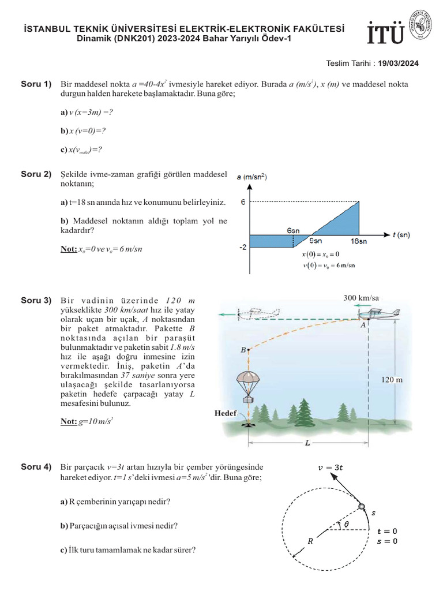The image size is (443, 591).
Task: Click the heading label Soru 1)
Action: click(x=36, y=85)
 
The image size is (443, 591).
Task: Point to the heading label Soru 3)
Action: click(x=36, y=300)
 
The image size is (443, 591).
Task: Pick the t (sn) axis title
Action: click(x=401, y=235)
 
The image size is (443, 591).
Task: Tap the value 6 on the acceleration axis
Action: click(x=243, y=201)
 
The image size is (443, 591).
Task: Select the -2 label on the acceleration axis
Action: click(x=242, y=246)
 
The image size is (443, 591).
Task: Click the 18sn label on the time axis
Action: click(x=359, y=242)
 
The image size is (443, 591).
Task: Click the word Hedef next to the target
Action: click(x=225, y=413)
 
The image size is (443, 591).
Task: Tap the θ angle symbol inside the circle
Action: click(x=346, y=525)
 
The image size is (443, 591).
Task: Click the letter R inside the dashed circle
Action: click(x=310, y=541)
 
